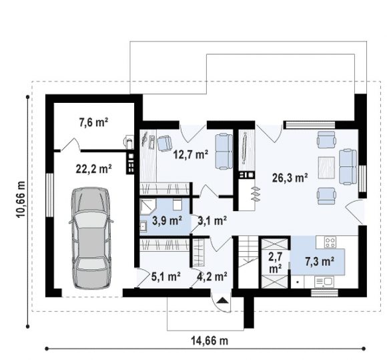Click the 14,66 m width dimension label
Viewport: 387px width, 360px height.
click(x=210, y=341)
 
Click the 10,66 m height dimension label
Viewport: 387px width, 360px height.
click(x=21, y=199)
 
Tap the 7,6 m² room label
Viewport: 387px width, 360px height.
click(x=93, y=122)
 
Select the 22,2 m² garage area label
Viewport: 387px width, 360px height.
click(x=93, y=169)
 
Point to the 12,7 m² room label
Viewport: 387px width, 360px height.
click(x=191, y=155)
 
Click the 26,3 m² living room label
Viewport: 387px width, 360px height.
click(x=290, y=178)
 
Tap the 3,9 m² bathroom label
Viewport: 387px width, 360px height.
click(x=167, y=220)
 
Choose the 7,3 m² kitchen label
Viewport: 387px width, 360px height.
click(x=320, y=261)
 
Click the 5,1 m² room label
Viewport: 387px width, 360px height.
click(x=165, y=277)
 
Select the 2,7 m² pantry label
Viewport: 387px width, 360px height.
click(x=275, y=262)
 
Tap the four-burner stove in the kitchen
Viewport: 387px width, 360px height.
click(x=330, y=242)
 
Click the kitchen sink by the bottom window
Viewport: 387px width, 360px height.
click(x=324, y=281)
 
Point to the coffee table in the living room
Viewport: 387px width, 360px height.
click(x=326, y=168)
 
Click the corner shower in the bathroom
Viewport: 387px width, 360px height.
click(x=147, y=207)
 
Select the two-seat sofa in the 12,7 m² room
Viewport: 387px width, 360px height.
click(x=224, y=152)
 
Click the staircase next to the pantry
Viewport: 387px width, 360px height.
click(x=248, y=262)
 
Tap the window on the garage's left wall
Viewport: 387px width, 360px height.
click(x=49, y=195)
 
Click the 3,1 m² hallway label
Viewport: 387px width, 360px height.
click(x=213, y=220)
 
